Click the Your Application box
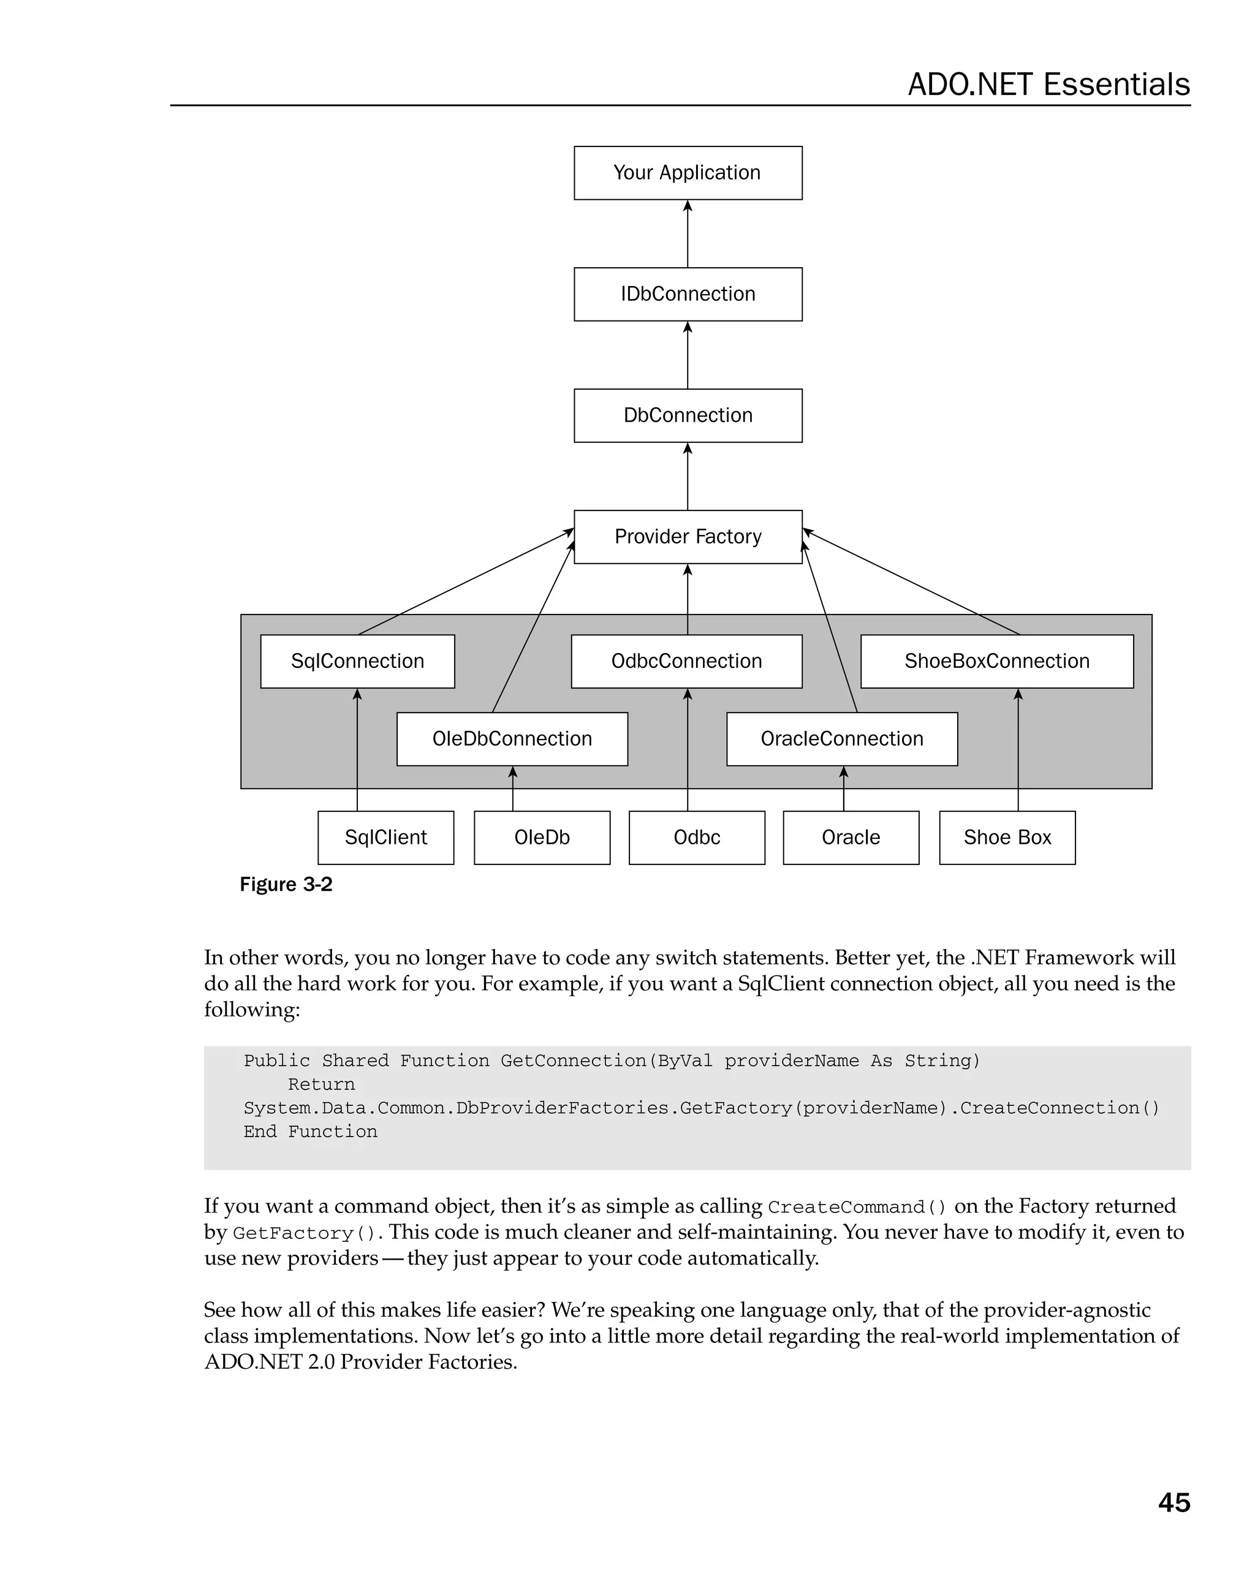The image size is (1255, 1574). [687, 173]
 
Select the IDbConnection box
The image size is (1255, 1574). [687, 294]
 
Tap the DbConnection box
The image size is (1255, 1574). [687, 415]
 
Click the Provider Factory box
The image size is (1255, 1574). [687, 537]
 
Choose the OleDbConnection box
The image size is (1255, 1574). [512, 739]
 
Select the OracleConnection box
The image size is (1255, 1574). [842, 739]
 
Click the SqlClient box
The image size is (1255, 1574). [385, 838]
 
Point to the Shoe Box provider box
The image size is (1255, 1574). [1007, 838]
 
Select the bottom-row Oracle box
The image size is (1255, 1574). [851, 838]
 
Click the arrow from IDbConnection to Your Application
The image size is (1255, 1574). [687, 233]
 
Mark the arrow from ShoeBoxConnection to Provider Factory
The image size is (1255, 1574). [912, 583]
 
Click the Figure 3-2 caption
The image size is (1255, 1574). [286, 885]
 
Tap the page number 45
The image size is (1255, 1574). [1173, 1502]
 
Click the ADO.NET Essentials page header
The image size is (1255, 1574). [1048, 85]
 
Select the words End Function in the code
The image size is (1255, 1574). [310, 1132]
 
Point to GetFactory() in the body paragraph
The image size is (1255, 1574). [304, 1234]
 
